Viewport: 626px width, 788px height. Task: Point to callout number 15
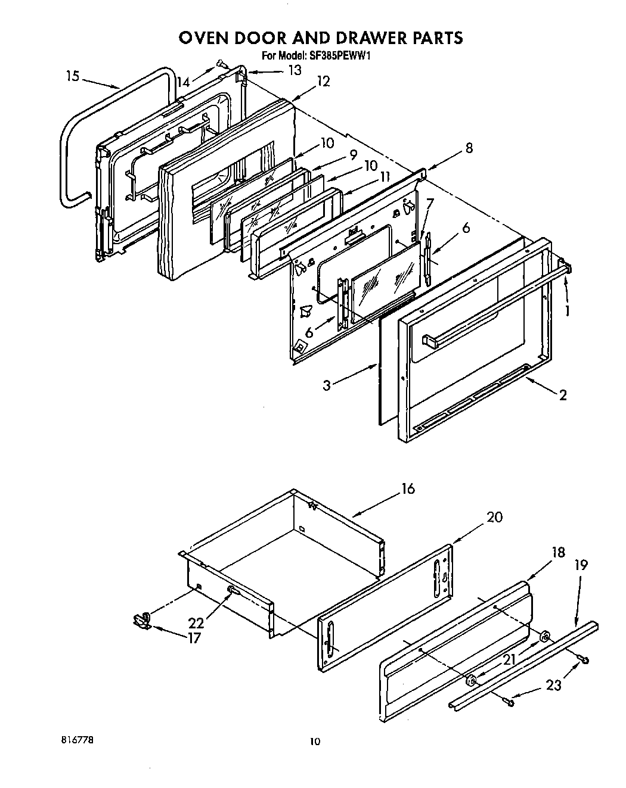coord(72,76)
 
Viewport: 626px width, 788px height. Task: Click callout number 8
coord(469,148)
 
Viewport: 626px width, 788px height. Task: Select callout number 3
coord(326,385)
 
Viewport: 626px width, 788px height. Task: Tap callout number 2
coord(562,394)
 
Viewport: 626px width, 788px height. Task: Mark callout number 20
coord(494,516)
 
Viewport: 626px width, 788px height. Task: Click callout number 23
coord(554,685)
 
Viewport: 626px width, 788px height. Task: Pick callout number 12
coord(323,80)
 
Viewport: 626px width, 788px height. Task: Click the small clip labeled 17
coord(140,621)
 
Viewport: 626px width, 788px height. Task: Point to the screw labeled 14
coord(220,63)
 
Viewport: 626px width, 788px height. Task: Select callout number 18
coord(558,552)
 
